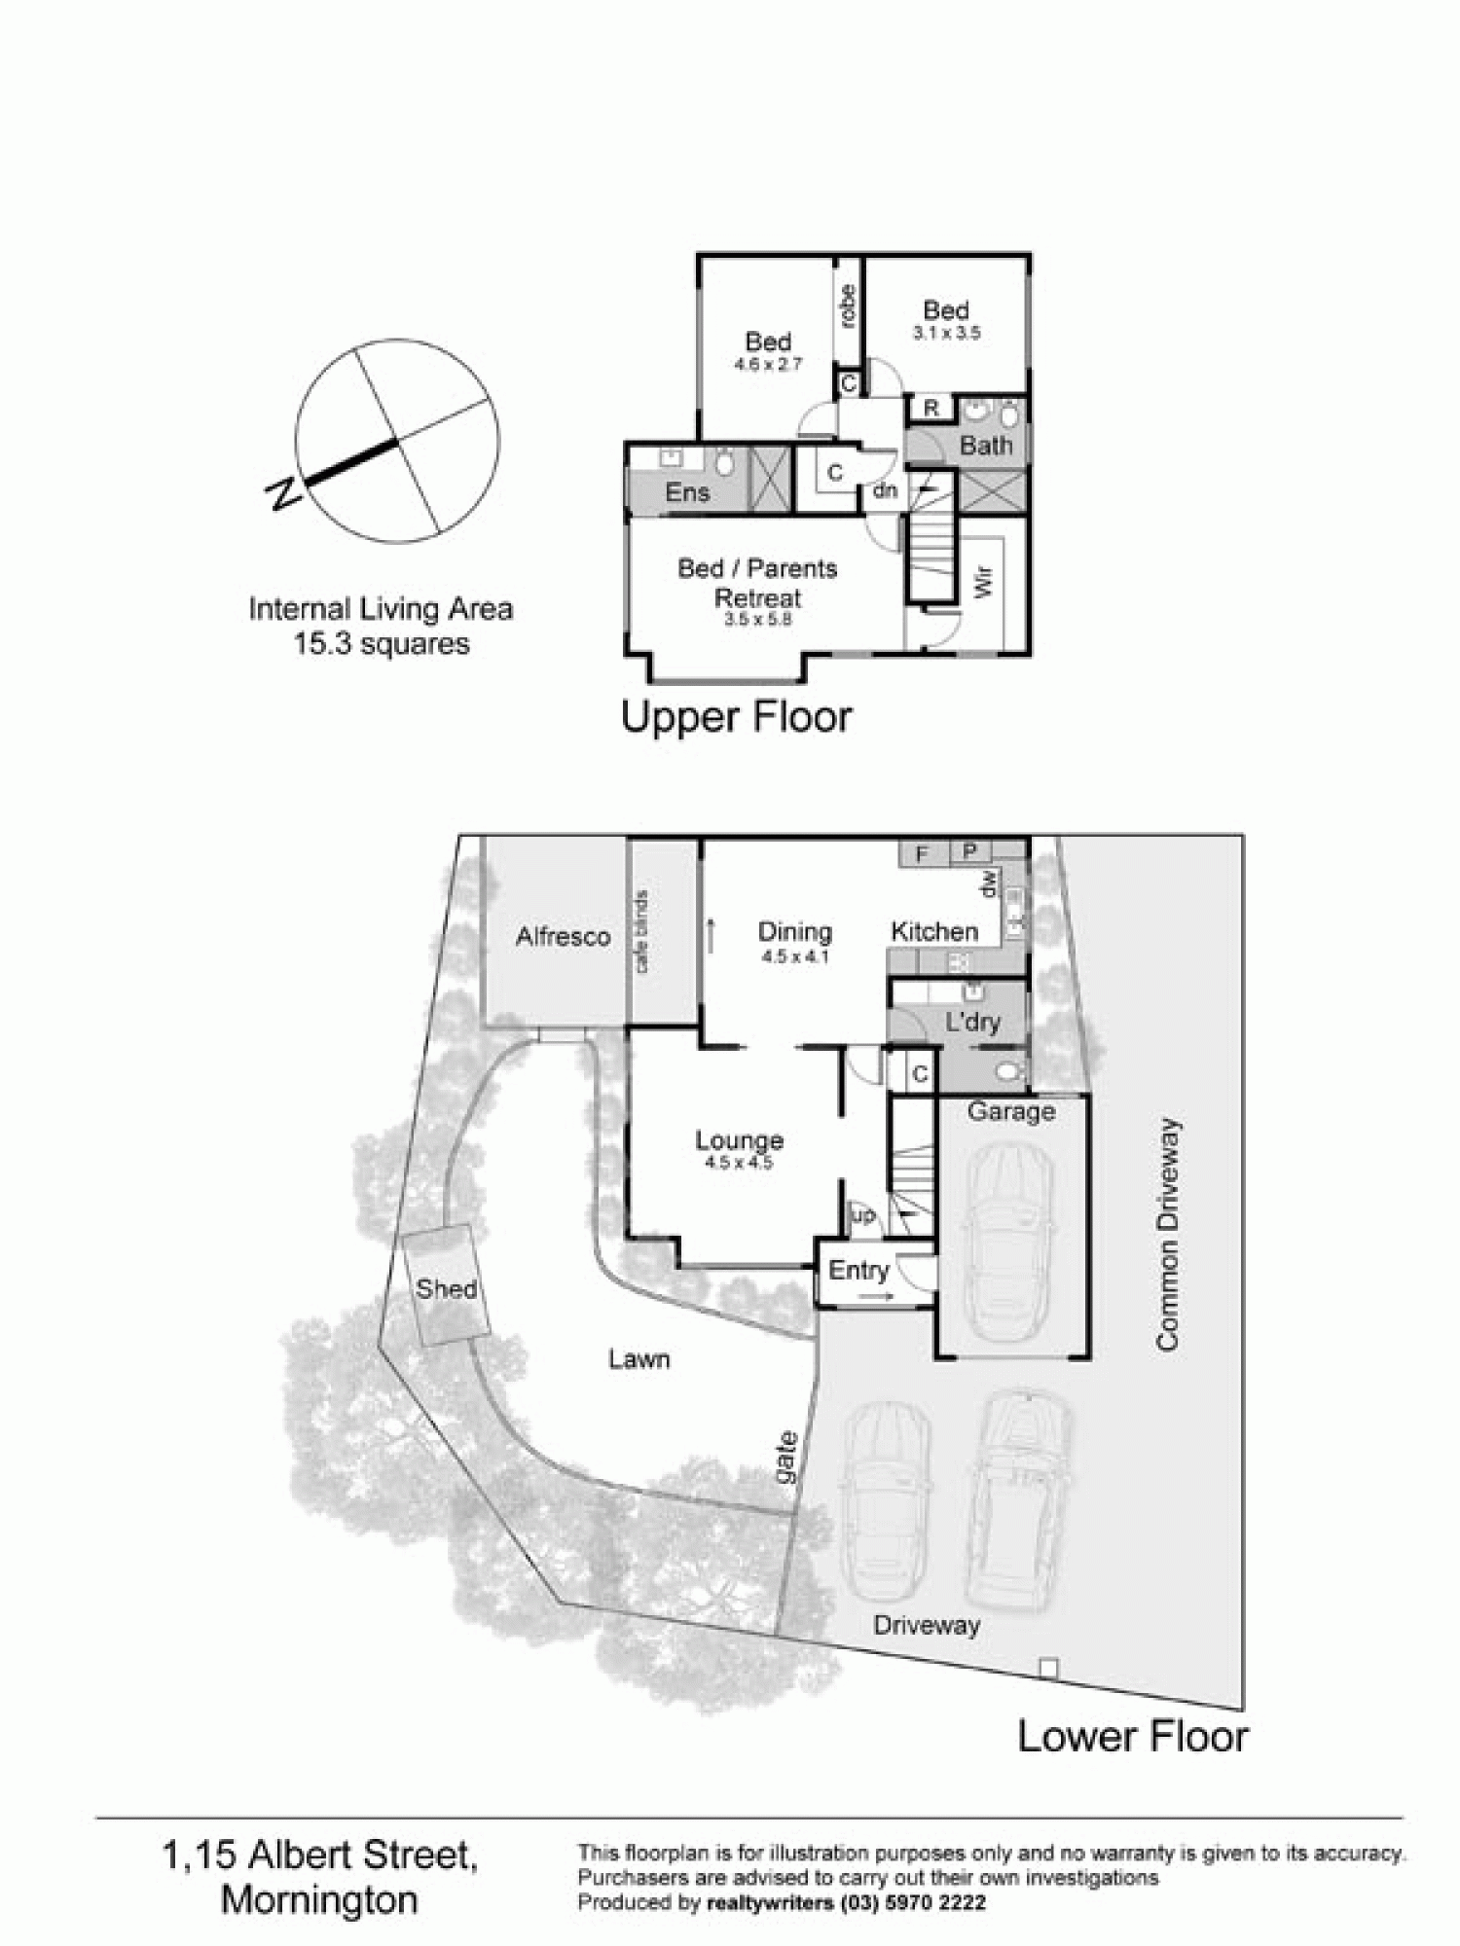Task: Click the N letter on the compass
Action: pos(283,494)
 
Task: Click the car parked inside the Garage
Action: pos(1009,1229)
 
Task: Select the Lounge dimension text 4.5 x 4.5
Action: pos(739,1163)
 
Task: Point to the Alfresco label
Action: pos(563,936)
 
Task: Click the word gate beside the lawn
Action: pos(786,1458)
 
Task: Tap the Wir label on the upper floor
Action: pos(983,583)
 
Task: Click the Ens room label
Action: pos(687,492)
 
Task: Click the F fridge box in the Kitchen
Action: pos(922,854)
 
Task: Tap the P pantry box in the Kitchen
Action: pos(969,852)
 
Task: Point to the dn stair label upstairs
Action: pos(884,490)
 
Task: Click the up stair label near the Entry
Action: pos(863,1215)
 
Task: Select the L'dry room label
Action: pos(972,1023)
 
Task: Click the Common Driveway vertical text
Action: pos(1167,1234)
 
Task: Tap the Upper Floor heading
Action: pos(736,717)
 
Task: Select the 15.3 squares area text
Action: pos(382,644)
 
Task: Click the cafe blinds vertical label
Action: pos(641,931)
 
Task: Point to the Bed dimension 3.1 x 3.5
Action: pos(946,333)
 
